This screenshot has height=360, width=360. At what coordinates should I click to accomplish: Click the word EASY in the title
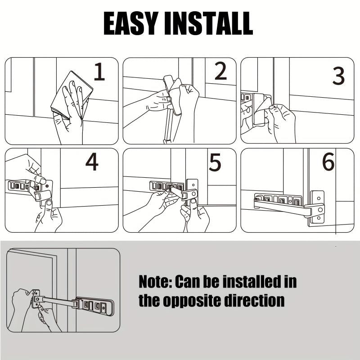[131, 23]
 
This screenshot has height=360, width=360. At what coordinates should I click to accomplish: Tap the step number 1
[99, 72]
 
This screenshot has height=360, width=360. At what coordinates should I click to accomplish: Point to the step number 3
[338, 76]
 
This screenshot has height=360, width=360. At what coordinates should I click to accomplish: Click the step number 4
[92, 162]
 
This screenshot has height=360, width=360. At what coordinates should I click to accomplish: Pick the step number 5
[215, 162]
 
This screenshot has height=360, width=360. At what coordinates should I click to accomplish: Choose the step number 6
[328, 162]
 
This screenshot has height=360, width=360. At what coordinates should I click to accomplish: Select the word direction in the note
[254, 300]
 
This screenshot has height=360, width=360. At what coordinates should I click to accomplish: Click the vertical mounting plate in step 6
[318, 208]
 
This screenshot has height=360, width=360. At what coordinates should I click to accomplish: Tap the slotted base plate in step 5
[166, 186]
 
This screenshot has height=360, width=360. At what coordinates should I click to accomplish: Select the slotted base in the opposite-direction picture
[94, 306]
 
